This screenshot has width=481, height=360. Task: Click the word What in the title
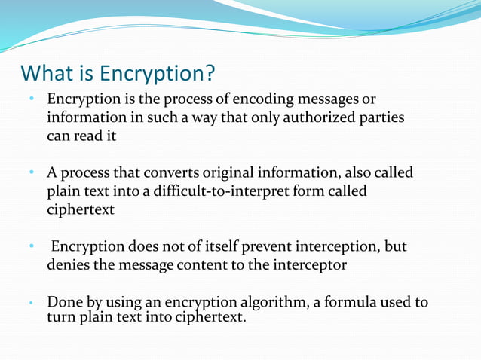coord(47,74)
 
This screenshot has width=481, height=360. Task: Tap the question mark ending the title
coord(210,74)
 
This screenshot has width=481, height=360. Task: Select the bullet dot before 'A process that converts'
coord(32,172)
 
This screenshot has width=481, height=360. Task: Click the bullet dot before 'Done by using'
coord(32,304)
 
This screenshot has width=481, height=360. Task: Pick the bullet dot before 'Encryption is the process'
coord(32,99)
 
